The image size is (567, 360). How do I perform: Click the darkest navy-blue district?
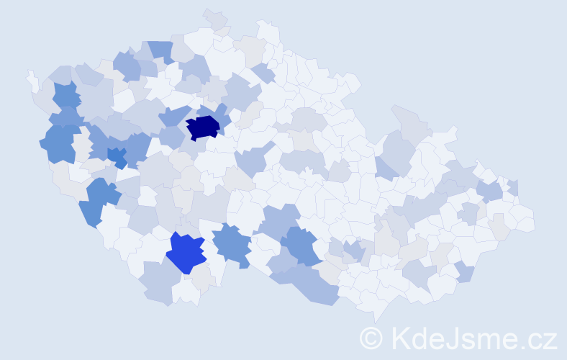pyautogui.click(x=202, y=127)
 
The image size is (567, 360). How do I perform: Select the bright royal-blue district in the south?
pyautogui.click(x=185, y=253)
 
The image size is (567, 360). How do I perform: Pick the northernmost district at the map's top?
pyautogui.click(x=214, y=18)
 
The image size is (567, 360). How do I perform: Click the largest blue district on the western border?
pyautogui.click(x=60, y=142)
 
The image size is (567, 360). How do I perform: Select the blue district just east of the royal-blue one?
pyautogui.click(x=232, y=243)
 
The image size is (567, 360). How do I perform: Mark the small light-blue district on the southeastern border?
pyautogui.click(x=465, y=271)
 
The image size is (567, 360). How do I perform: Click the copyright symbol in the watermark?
pyautogui.click(x=371, y=337)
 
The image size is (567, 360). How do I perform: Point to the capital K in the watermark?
pyautogui.click(x=400, y=337)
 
